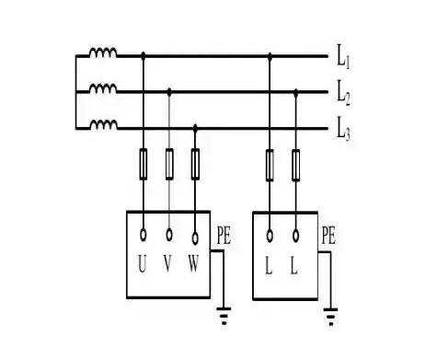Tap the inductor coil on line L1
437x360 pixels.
pos(102,55)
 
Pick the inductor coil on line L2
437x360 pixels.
pos(102,90)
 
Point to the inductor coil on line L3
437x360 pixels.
pos(102,125)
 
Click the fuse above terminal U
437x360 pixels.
pos(143,165)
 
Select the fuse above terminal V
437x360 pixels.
pos(169,165)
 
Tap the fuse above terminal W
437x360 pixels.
pos(195,165)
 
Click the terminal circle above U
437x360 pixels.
pos(143,235)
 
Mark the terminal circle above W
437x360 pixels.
pos(195,235)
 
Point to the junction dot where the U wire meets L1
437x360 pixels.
pos(143,56)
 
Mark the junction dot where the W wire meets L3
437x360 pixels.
pos(195,126)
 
